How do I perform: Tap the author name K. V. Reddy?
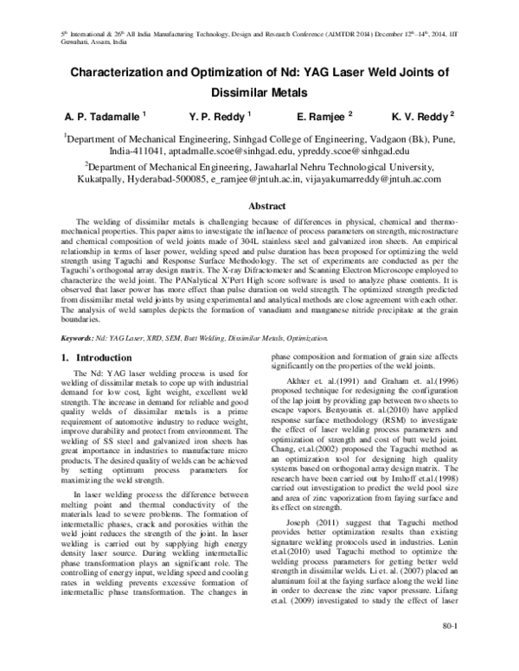point(421,114)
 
